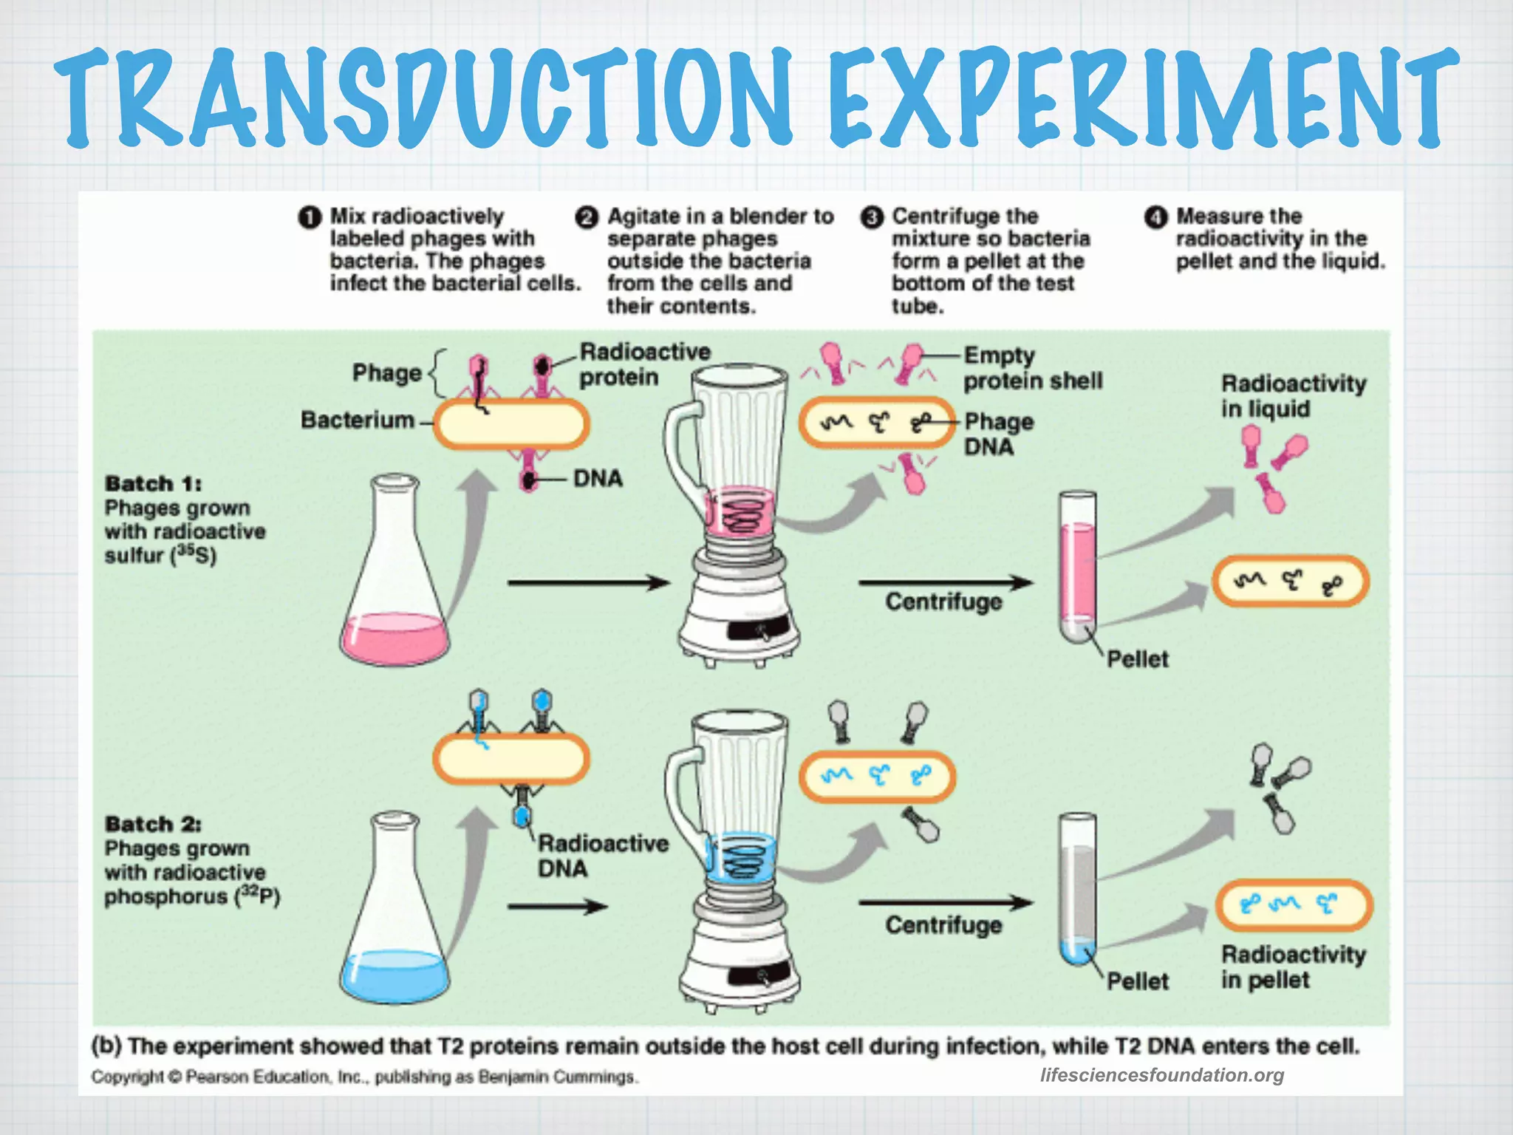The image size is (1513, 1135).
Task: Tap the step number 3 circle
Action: (x=872, y=217)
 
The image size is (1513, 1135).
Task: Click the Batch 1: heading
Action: (x=153, y=484)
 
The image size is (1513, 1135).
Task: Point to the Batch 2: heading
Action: (x=153, y=824)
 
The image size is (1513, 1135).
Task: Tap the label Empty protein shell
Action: (x=1032, y=368)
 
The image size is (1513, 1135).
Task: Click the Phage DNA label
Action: (x=998, y=434)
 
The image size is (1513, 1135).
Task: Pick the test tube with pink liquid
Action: (x=1078, y=565)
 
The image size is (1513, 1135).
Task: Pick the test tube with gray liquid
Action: (x=1078, y=887)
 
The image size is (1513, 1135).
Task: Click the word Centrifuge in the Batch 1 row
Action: (x=943, y=602)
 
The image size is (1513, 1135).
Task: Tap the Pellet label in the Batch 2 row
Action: (x=1137, y=981)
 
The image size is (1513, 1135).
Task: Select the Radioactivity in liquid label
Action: (x=1293, y=396)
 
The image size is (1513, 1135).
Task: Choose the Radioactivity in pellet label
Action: (x=1293, y=967)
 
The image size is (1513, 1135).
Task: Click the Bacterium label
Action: (x=357, y=420)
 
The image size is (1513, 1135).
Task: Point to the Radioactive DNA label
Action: (x=602, y=856)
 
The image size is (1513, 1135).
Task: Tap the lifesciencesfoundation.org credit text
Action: (x=1161, y=1075)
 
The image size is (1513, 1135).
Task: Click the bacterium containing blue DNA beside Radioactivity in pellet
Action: (x=1294, y=905)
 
